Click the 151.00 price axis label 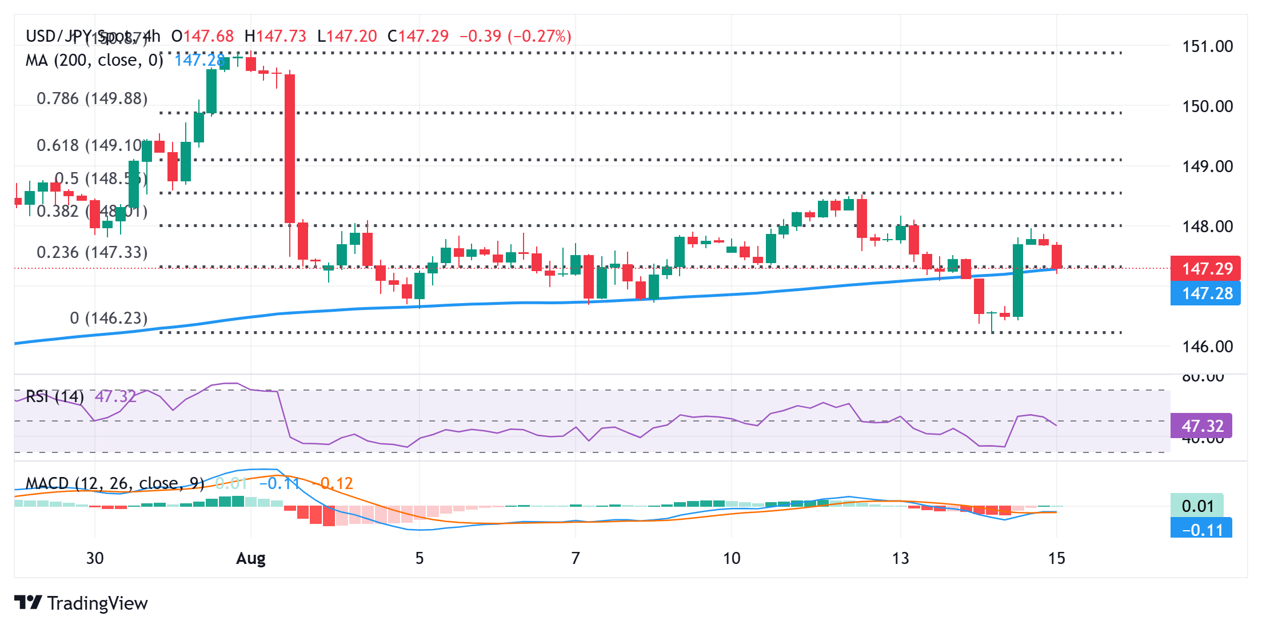[x=1207, y=46]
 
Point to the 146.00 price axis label [x=1207, y=346]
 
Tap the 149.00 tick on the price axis [x=1207, y=166]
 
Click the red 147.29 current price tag [x=1205, y=268]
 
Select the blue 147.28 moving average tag [x=1205, y=293]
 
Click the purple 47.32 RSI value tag [x=1201, y=426]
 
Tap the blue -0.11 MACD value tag [x=1201, y=530]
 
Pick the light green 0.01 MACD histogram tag [x=1197, y=506]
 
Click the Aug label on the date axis [x=251, y=558]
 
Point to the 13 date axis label [x=900, y=558]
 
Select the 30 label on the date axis [x=95, y=558]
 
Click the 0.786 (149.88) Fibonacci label [x=92, y=98]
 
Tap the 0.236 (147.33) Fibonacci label [x=92, y=252]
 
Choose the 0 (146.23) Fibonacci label [x=109, y=318]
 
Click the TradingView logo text [x=97, y=603]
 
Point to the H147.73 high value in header [x=275, y=37]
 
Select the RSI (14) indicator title [x=55, y=396]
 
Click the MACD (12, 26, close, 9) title [x=114, y=483]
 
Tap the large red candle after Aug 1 [x=290, y=149]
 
